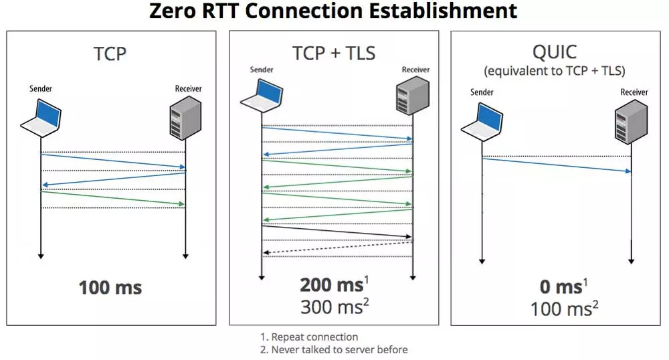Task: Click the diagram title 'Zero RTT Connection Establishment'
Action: [x=332, y=11]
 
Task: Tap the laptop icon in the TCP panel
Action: [x=41, y=115]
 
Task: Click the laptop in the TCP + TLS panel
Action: [x=261, y=94]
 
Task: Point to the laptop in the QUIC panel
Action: [x=482, y=119]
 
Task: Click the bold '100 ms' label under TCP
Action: [x=110, y=288]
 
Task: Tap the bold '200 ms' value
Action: [x=331, y=284]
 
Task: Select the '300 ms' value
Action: [x=331, y=307]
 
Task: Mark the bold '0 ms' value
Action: [x=560, y=287]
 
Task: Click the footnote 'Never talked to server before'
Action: [x=338, y=349]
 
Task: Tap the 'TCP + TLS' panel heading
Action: [x=334, y=53]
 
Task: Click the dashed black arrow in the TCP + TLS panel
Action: [x=338, y=248]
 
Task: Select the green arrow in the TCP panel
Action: [x=112, y=198]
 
